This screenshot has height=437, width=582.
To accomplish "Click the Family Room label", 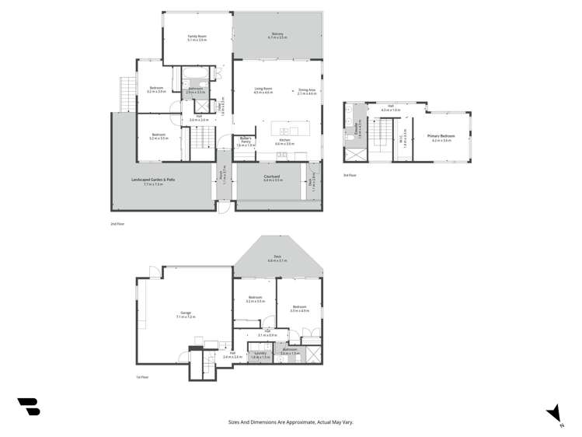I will [x=197, y=38].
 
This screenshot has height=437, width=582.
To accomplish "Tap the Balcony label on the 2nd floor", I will [x=277, y=35].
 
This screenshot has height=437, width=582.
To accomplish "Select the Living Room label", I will [x=263, y=90].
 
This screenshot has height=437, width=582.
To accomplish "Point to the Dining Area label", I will [x=306, y=90].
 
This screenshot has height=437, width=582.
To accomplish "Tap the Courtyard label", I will [x=272, y=178].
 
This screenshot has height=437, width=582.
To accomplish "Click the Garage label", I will [x=186, y=315].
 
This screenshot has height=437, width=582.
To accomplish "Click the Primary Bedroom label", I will [x=441, y=138].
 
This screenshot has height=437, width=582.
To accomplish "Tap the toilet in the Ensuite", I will [x=349, y=138].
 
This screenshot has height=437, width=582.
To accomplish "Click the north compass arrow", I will [x=554, y=413].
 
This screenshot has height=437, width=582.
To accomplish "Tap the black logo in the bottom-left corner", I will [x=29, y=406].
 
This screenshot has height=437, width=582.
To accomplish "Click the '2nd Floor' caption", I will [x=117, y=224].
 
